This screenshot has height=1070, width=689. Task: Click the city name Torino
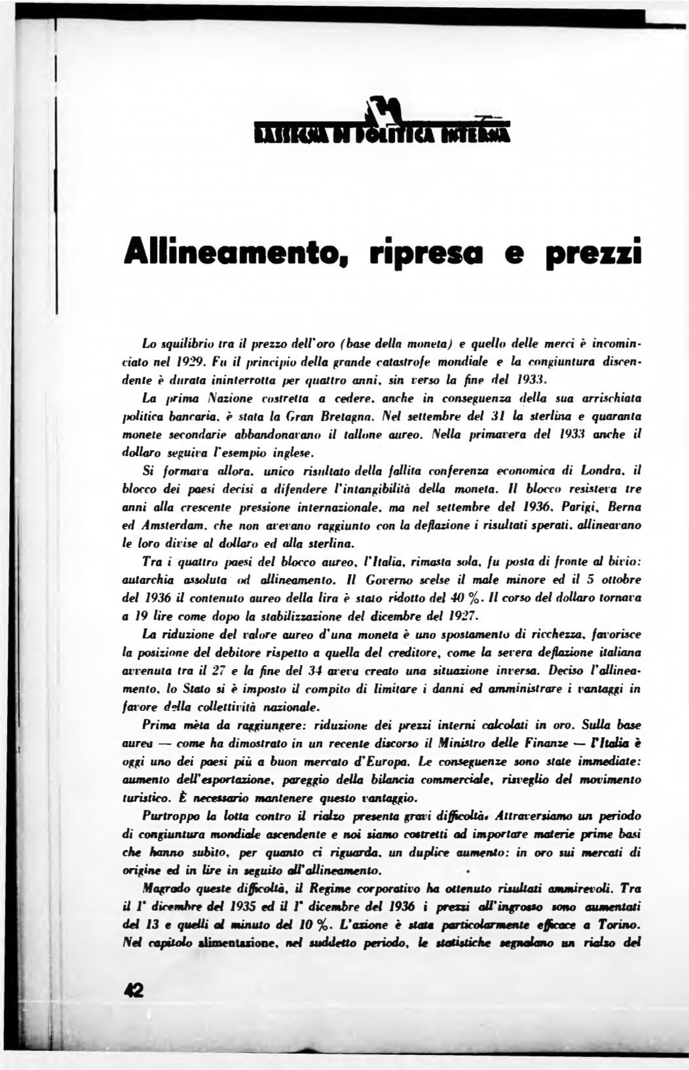click(618, 926)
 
